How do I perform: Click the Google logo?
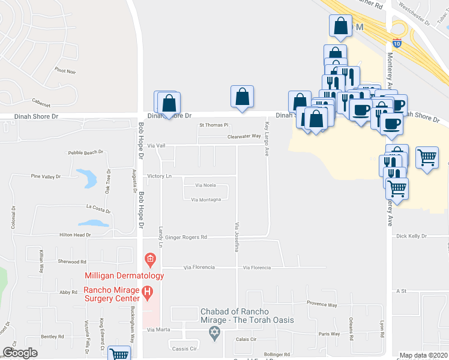coord(20,353)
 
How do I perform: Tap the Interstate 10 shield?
coord(397,43)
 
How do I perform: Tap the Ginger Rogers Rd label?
coord(187,237)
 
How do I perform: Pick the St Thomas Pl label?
coord(214,125)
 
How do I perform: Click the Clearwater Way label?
coord(244,136)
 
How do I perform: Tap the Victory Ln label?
coord(160,176)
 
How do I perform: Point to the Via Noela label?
coord(205,185)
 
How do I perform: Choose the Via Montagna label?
coord(206,200)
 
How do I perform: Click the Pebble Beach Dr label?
coord(86,153)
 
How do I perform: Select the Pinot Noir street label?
coord(65,71)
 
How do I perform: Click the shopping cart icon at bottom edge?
coord(119,354)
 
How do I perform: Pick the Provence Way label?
coord(322,305)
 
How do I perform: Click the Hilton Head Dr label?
coord(70,235)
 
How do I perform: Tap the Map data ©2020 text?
coord(423,355)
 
